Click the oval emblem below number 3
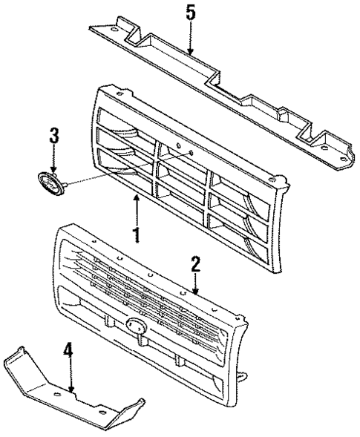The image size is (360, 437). point(50,181)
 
